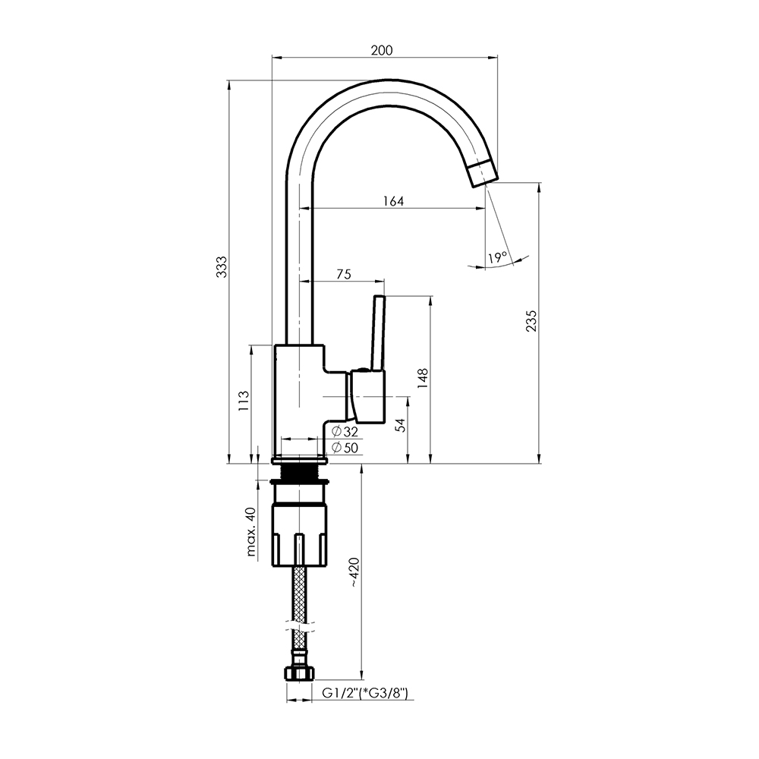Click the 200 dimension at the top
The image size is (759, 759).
(382, 50)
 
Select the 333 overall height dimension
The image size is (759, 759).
(221, 266)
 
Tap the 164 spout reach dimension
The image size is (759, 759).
(393, 201)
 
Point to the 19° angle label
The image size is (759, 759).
(497, 257)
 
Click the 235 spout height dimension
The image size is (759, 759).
(531, 321)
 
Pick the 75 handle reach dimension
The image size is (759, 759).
(343, 275)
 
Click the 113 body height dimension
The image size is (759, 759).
(244, 401)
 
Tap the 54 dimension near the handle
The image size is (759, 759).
(399, 425)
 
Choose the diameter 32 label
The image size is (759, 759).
(345, 431)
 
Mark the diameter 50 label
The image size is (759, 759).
(345, 448)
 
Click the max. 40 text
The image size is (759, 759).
(250, 531)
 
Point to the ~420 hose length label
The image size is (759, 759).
(354, 572)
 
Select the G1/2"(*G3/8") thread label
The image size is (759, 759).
(366, 693)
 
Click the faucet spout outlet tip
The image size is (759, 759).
(483, 174)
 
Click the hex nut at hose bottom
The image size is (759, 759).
(299, 673)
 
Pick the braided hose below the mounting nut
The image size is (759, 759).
(300, 615)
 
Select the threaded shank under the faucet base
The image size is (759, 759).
(298, 472)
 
